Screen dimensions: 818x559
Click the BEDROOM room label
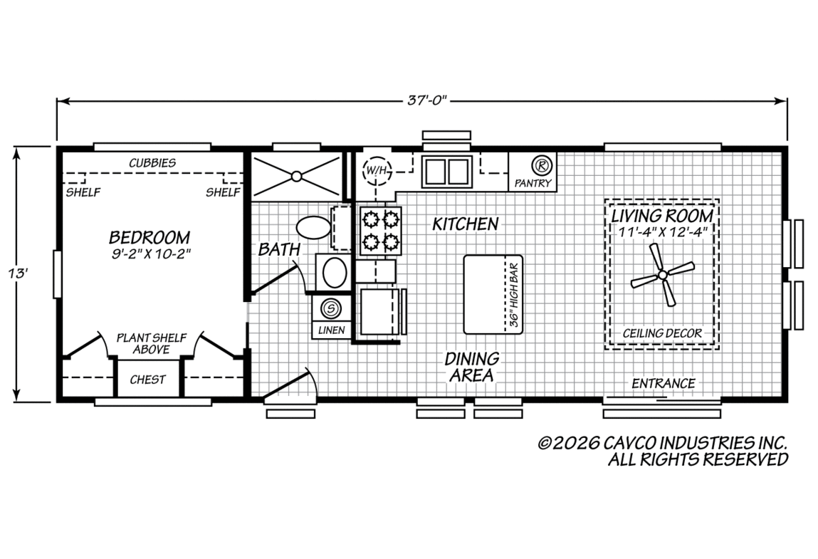[x=150, y=237]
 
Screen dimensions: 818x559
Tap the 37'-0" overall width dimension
[x=428, y=100]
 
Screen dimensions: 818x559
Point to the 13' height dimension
[x=17, y=273]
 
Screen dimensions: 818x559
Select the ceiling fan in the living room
[x=663, y=275]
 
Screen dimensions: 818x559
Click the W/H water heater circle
[x=377, y=170]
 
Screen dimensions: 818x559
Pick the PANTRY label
[x=533, y=183]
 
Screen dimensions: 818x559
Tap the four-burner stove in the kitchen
[x=380, y=230]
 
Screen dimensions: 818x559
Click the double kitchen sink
[x=447, y=172]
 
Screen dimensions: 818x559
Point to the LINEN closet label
[x=331, y=330]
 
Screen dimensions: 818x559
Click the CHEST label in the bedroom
[x=147, y=380]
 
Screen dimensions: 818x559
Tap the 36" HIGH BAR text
[x=514, y=295]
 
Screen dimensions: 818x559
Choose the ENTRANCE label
[x=664, y=384]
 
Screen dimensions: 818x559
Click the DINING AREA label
[x=471, y=367]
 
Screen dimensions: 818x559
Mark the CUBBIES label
[x=152, y=163]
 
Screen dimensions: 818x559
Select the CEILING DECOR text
[x=663, y=333]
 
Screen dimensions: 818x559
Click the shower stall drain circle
[x=296, y=177]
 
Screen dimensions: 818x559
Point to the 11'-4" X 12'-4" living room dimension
[x=663, y=232]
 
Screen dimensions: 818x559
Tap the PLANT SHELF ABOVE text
[x=152, y=343]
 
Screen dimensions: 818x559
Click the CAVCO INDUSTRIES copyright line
[x=663, y=443]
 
